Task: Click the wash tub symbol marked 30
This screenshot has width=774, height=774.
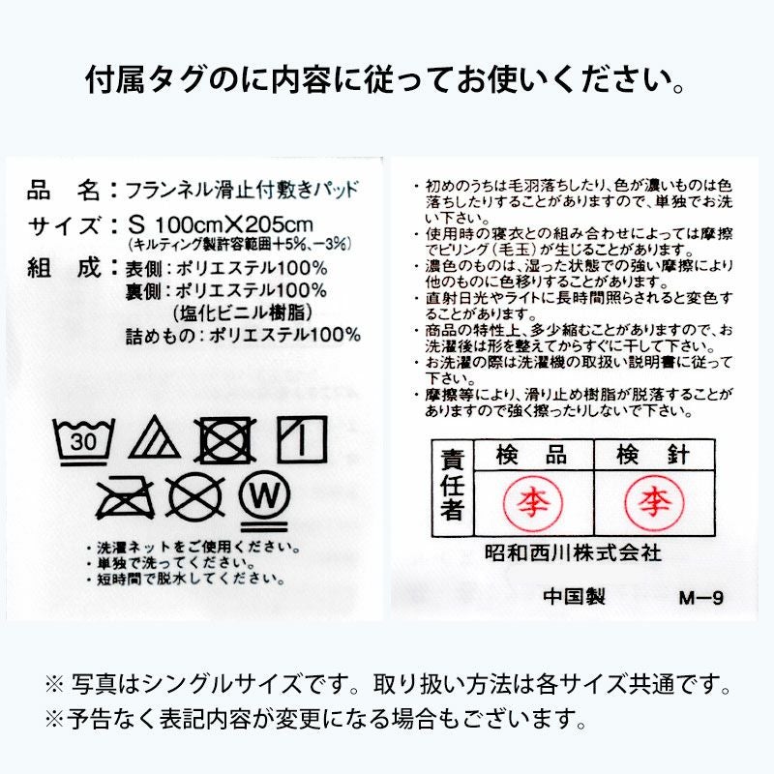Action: pos(85,441)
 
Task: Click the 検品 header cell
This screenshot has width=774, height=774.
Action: pos(531,455)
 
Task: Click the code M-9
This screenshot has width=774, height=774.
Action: pos(701,598)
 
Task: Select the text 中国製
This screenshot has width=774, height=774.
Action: pos(575,597)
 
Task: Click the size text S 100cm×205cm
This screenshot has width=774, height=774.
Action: pos(221,224)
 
